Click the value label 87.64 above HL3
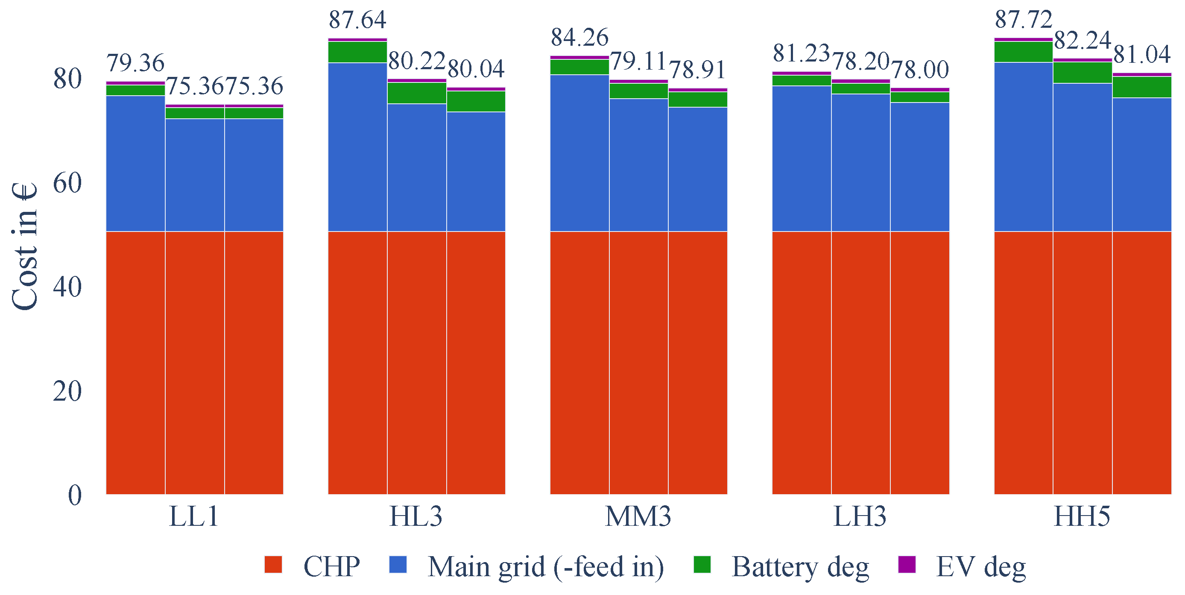tap(357, 20)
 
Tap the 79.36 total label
tap(135, 63)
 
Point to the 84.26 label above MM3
tap(579, 37)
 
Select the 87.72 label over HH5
tap(1024, 19)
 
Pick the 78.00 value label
tap(920, 70)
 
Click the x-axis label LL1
tap(194, 516)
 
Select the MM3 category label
tap(638, 516)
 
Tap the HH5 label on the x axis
tap(1082, 516)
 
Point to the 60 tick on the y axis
tap(67, 183)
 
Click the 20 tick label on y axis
tap(67, 392)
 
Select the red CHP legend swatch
tap(273, 565)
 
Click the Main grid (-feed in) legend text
tap(546, 566)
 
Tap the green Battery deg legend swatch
tap(702, 565)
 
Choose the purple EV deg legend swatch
tap(907, 565)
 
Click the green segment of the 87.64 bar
tap(357, 52)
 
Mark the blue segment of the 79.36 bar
tap(135, 163)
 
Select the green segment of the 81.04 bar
tap(1142, 87)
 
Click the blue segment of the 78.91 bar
tap(698, 169)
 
